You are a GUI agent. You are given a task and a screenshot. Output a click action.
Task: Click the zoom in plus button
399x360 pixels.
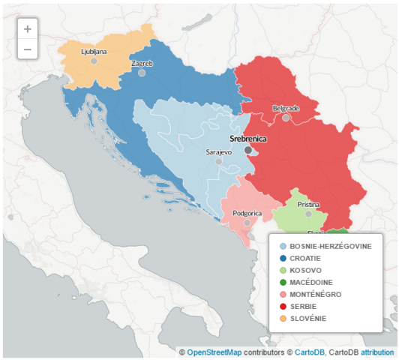[28, 29]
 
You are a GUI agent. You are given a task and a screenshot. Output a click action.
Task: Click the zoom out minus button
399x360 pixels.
[28, 49]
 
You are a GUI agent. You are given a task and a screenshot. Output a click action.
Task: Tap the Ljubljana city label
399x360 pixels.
[94, 52]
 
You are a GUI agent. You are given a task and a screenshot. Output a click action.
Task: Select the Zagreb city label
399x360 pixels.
[142, 64]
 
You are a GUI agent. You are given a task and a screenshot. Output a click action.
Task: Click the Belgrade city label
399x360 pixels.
[286, 108]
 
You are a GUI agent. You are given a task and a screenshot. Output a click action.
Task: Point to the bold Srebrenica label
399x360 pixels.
[247, 139]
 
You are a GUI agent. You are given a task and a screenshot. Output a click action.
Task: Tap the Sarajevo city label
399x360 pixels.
[219, 151]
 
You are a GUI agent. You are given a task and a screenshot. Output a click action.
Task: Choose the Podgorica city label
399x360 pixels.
[247, 213]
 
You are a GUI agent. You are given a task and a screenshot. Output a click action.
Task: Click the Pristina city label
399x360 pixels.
[308, 204]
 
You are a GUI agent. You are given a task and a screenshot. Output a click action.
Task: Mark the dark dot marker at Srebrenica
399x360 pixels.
[248, 150]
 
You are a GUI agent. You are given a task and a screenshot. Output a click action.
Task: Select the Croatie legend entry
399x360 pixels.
[306, 258]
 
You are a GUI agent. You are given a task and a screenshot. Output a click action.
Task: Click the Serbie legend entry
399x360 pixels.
[304, 306]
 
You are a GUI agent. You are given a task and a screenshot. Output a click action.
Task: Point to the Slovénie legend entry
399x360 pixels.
[307, 318]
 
